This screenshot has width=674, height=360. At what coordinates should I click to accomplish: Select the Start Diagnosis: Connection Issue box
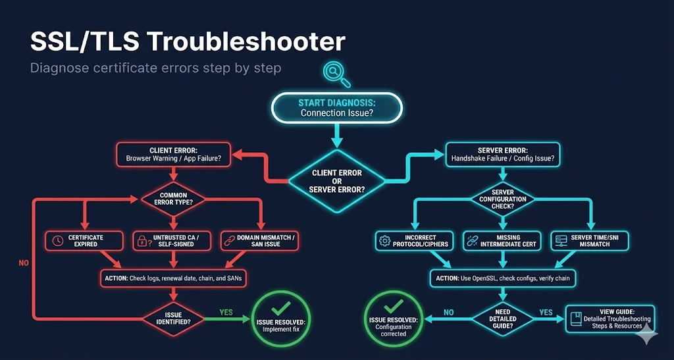[x=336, y=107]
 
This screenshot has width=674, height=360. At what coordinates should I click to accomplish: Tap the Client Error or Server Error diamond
[x=337, y=180]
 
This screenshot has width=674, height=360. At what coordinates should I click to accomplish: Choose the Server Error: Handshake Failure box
[x=502, y=154]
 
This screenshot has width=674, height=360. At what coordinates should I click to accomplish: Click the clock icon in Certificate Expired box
[x=58, y=241]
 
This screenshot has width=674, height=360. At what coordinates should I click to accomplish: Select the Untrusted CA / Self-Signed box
[x=172, y=241]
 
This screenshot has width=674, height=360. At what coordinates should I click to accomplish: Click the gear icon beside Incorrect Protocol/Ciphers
[x=385, y=241]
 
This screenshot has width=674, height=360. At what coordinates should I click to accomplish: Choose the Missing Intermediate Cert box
[x=502, y=241]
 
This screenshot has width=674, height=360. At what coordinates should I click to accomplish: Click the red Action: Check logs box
[x=172, y=278]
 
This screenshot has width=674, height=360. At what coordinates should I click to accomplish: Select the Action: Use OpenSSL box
[x=504, y=278]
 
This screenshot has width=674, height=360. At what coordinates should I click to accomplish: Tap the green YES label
[x=226, y=313]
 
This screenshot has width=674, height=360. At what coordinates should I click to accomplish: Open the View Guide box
[x=610, y=319]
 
